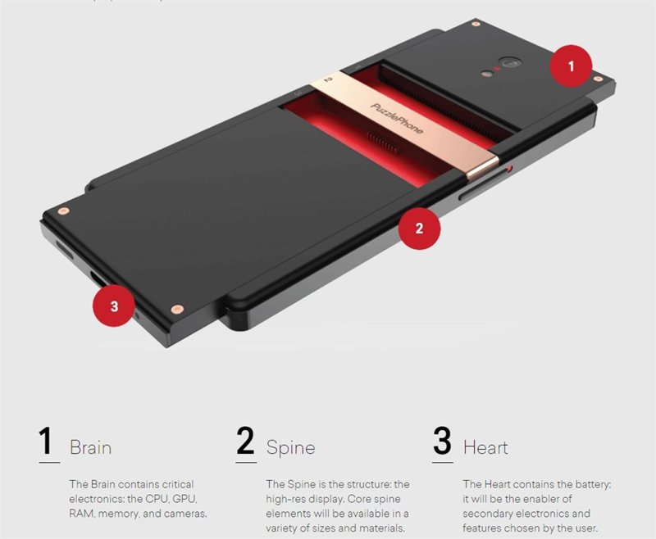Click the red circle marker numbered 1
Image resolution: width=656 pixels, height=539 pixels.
pyautogui.click(x=571, y=66)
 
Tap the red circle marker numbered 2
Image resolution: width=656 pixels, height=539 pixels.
pyautogui.click(x=419, y=229)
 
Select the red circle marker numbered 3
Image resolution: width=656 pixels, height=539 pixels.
pyautogui.click(x=114, y=306)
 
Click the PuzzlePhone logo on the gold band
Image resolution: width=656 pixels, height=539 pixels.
pyautogui.click(x=397, y=119)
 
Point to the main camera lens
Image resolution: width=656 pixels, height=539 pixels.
pyautogui.click(x=509, y=63)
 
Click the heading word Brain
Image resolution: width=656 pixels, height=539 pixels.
pyautogui.click(x=90, y=447)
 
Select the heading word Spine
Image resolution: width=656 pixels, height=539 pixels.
pyautogui.click(x=290, y=448)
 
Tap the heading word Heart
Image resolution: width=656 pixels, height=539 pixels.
pyautogui.click(x=485, y=447)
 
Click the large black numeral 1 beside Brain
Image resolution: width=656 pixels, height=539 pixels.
pyautogui.click(x=47, y=441)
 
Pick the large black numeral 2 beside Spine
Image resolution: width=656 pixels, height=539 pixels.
pyautogui.click(x=245, y=441)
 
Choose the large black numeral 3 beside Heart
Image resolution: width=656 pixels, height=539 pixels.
pyautogui.click(x=442, y=441)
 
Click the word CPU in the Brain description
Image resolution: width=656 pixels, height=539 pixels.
pyautogui.click(x=157, y=499)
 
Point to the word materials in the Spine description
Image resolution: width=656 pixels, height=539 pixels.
pyautogui.click(x=380, y=528)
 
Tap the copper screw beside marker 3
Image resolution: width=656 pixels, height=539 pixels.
pyautogui.click(x=177, y=309)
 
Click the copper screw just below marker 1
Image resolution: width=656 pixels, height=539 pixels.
pyautogui.click(x=599, y=79)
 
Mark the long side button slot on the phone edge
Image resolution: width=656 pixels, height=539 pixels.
pyautogui.click(x=481, y=185)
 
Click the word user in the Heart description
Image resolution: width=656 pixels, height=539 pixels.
pyautogui.click(x=585, y=528)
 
